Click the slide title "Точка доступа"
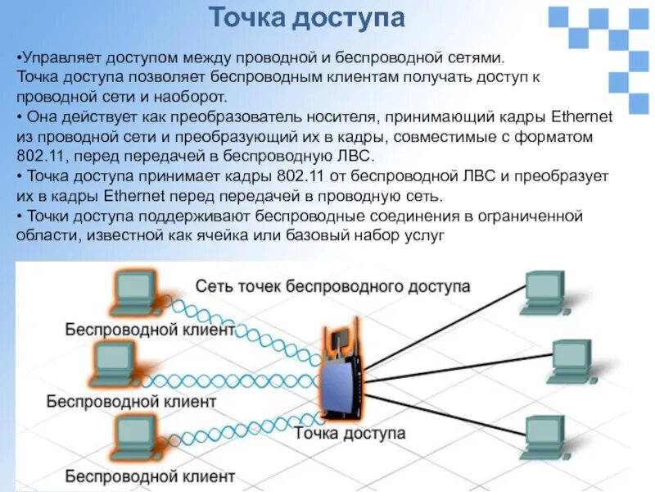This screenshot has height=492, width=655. [306, 19]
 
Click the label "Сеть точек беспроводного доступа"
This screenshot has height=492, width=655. [332, 286]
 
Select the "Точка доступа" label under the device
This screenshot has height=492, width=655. [349, 432]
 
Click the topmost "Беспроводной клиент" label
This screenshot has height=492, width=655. [150, 330]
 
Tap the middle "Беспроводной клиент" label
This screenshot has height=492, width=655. [131, 402]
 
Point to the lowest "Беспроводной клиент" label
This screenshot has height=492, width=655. [150, 475]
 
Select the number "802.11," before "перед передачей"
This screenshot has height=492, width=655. [40, 156]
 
